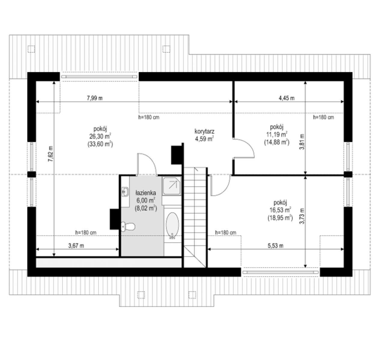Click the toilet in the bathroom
(128, 227)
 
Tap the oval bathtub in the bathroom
(172, 226)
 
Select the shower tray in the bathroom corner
(171, 186)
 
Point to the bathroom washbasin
(125, 191)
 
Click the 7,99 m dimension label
(95, 98)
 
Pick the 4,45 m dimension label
(286, 98)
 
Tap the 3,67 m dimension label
(76, 246)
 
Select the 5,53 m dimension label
(275, 246)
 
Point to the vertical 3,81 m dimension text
(302, 142)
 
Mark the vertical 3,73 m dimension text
(302, 216)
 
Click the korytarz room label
(204, 131)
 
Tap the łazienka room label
(146, 193)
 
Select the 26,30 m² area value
(100, 136)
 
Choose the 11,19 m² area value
(277, 134)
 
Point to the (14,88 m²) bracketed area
(277, 142)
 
